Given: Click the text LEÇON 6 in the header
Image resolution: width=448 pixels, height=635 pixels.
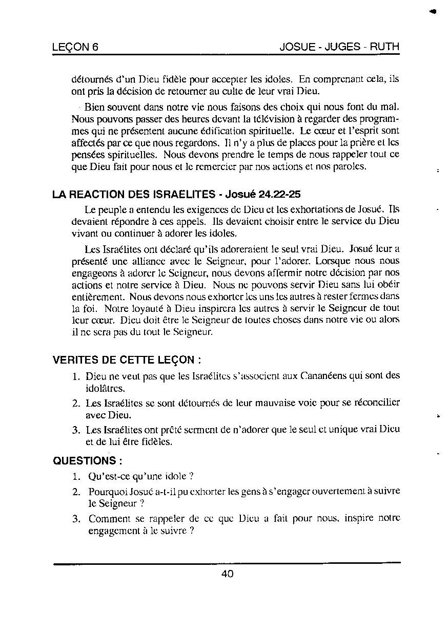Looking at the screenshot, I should pos(75,47).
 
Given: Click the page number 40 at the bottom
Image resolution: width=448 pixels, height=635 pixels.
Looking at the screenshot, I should pos(227,574).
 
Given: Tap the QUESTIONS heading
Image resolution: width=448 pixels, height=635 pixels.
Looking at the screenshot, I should pos(84,460).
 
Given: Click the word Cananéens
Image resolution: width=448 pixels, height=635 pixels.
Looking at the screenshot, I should pos(321,376).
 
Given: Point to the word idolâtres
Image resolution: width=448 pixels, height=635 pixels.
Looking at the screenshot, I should pos(105,389).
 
